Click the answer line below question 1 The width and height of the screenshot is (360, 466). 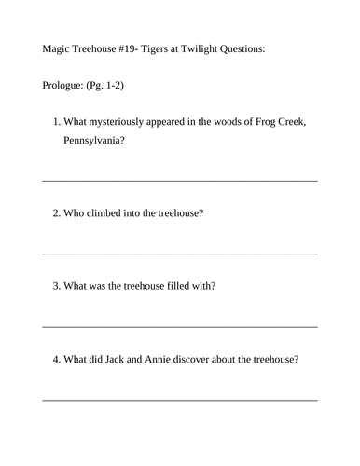click(x=180, y=179)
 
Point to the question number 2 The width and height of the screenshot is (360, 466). click(x=57, y=213)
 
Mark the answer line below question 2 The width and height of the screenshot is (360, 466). click(x=180, y=252)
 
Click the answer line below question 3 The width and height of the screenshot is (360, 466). click(x=180, y=325)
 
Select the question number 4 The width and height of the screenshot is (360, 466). click(x=57, y=360)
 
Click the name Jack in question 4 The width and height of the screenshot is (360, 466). click(x=128, y=360)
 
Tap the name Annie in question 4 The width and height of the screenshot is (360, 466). click(x=173, y=360)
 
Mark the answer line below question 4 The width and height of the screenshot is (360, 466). click(x=180, y=398)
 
